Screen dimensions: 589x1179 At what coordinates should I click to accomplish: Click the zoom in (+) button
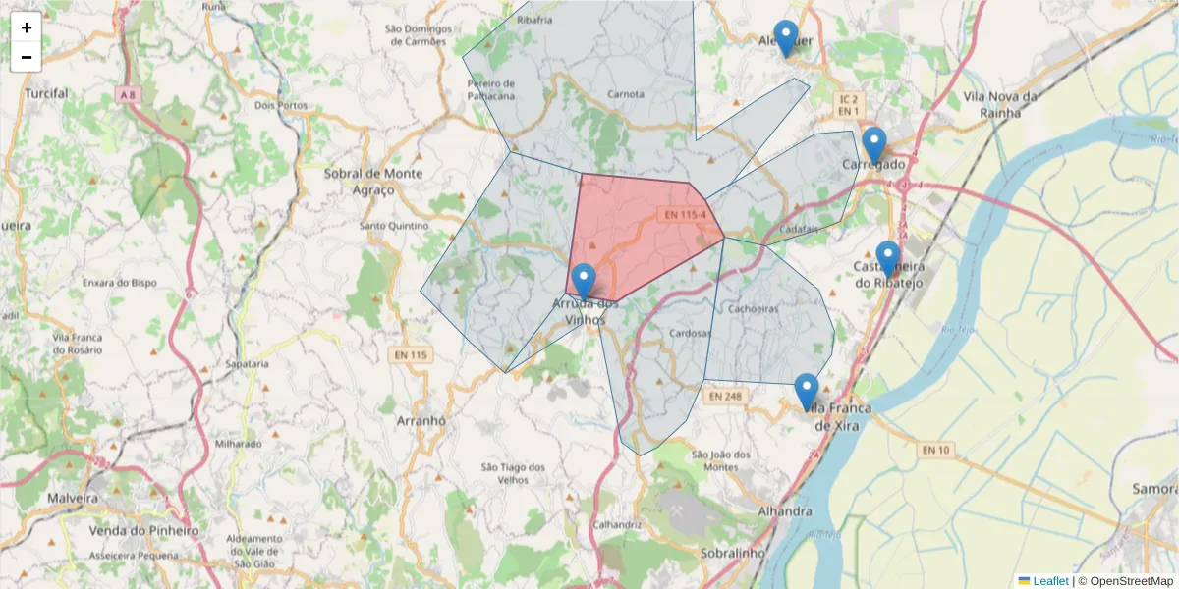(x=27, y=27)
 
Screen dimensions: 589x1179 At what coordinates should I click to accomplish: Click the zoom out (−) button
(x=27, y=57)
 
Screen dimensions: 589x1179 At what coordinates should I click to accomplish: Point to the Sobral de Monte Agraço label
(x=373, y=181)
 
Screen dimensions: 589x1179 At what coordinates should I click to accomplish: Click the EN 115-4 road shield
(x=685, y=215)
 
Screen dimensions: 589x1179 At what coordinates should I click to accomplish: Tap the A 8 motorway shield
(x=126, y=94)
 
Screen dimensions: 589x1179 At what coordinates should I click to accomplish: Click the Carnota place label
(x=626, y=94)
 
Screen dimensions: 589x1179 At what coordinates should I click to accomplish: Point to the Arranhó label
(x=421, y=420)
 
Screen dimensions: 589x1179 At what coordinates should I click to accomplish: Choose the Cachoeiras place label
(x=755, y=308)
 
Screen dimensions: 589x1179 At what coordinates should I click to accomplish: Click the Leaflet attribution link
(x=1049, y=581)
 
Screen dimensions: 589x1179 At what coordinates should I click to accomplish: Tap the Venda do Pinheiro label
(x=143, y=531)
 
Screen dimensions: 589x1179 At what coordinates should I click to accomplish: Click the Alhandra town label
(x=786, y=511)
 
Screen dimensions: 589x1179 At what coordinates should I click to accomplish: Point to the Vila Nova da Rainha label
(x=1001, y=104)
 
